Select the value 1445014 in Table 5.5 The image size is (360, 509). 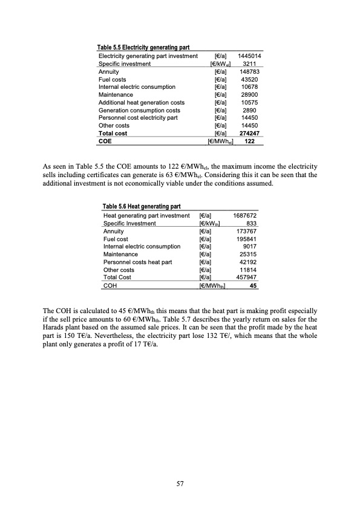250,56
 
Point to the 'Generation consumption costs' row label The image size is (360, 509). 139,111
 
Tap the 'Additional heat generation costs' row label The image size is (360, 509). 142,103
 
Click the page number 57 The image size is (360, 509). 180,484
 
